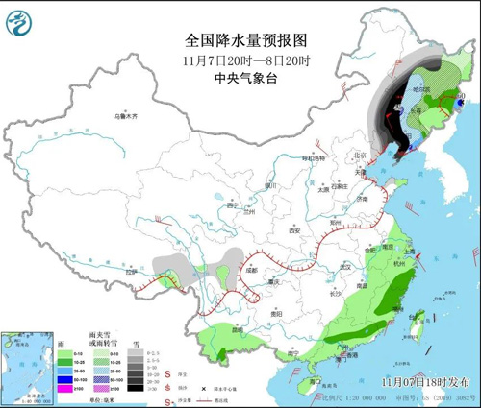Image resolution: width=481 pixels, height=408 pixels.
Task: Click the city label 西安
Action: pos(294,231)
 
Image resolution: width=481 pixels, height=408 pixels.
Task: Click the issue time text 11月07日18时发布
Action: pos(423,381)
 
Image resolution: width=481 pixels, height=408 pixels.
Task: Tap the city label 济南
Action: pos(363,198)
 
